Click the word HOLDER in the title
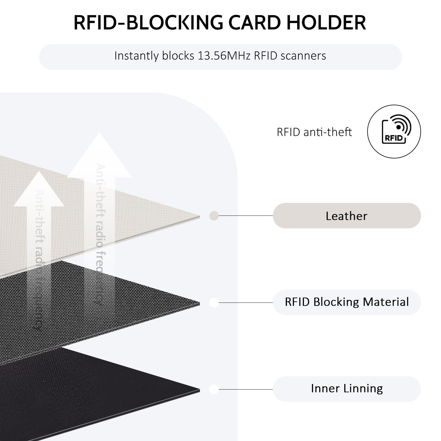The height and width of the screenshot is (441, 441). pos(326,23)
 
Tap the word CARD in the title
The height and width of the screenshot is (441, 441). pos(254,23)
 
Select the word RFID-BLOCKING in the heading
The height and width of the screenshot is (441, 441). pos(148,23)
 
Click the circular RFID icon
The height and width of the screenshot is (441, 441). pos(394,131)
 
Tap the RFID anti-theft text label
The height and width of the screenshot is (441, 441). pos(314,132)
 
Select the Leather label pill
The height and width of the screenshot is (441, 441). pos(347,216)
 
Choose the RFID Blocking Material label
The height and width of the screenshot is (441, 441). pos(347,302)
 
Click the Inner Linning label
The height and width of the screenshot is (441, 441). pos(347,389)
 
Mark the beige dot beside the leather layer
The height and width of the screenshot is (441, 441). pos(214,216)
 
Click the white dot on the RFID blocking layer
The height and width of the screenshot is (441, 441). pos(214,303)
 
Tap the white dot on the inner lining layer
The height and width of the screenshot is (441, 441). pos(214,389)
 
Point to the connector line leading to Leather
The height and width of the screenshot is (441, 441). pos(245,216)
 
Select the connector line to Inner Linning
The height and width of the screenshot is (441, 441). pos(245,389)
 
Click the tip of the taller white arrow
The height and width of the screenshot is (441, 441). pos(99,134)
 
